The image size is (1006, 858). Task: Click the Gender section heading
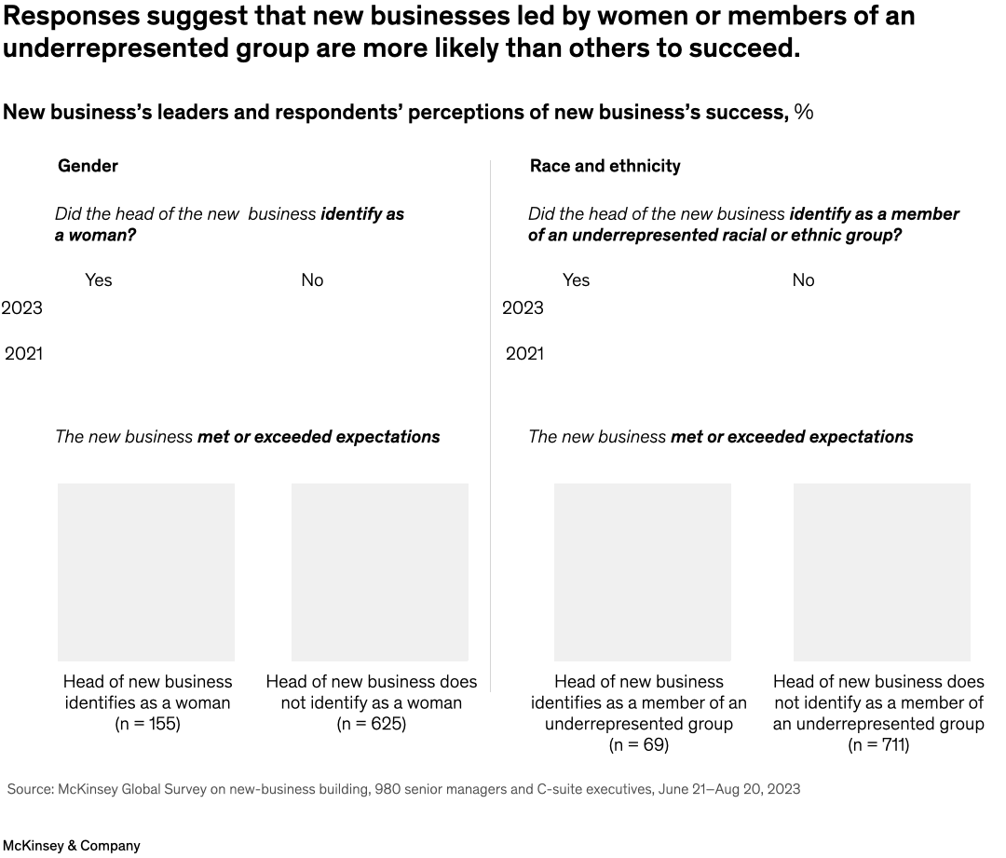click(88, 166)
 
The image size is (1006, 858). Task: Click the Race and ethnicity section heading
click(605, 166)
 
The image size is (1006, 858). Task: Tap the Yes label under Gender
click(98, 280)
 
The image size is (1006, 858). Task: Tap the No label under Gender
click(312, 280)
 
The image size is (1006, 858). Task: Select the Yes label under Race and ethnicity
click(576, 280)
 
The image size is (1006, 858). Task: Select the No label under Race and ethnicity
click(803, 280)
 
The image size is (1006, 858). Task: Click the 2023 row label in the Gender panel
click(21, 308)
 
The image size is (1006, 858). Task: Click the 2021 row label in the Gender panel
click(23, 354)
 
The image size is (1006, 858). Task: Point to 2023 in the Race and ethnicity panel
click(523, 308)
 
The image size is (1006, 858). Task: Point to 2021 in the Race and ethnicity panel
click(524, 354)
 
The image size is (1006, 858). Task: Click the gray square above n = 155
click(146, 572)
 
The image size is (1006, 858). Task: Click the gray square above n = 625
click(380, 572)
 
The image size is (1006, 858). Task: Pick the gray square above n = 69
click(643, 572)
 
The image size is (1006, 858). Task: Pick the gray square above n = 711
click(881, 572)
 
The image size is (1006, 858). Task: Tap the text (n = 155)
click(147, 724)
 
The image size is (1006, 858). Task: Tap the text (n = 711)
click(878, 745)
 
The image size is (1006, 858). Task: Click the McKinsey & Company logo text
click(71, 846)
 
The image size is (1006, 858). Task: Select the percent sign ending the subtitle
click(804, 113)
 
